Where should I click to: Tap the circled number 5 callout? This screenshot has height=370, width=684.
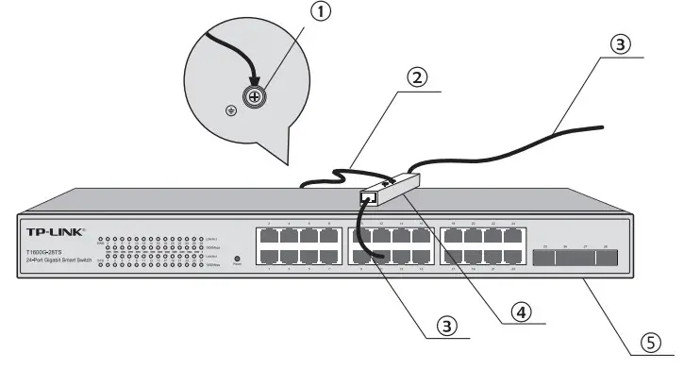click(647, 345)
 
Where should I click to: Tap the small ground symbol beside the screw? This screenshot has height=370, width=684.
click(230, 110)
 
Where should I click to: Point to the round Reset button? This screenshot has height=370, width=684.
click(236, 258)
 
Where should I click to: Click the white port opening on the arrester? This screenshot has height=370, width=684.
click(369, 198)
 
